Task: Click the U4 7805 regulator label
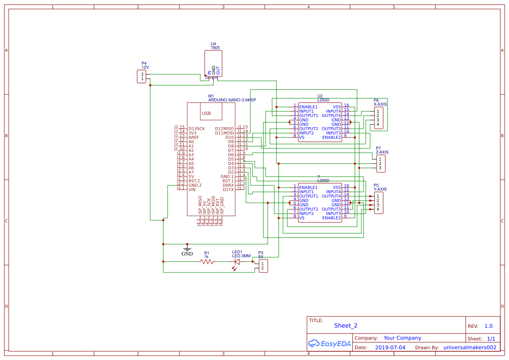click(x=215, y=46)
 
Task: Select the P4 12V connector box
click(x=142, y=77)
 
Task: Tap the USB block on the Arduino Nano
click(x=206, y=113)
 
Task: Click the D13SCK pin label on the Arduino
click(x=196, y=129)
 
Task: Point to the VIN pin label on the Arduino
click(x=192, y=189)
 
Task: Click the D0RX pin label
click(x=228, y=185)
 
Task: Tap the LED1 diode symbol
click(x=237, y=262)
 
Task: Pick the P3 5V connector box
click(x=263, y=266)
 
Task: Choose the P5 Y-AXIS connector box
click(x=378, y=203)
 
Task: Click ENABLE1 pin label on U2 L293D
click(x=308, y=107)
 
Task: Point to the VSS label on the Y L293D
click(x=337, y=187)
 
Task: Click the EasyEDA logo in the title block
click(x=329, y=343)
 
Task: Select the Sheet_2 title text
click(x=346, y=326)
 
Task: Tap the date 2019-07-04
click(x=390, y=347)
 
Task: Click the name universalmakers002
click(x=469, y=347)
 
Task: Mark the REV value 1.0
click(x=488, y=326)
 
